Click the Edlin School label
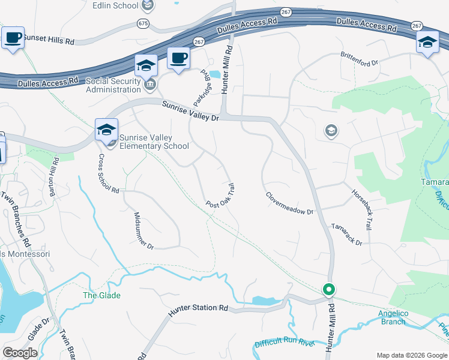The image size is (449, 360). tap(115, 5)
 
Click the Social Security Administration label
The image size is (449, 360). tap(113, 85)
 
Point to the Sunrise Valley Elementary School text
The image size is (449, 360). tap(154, 142)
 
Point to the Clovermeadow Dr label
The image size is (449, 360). tap(290, 203)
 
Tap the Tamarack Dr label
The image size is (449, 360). tap(347, 234)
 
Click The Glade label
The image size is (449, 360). tap(101, 295)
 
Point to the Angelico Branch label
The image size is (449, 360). tap(392, 317)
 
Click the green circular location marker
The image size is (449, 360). tap(328, 289)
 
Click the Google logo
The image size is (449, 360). tap(20, 353)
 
